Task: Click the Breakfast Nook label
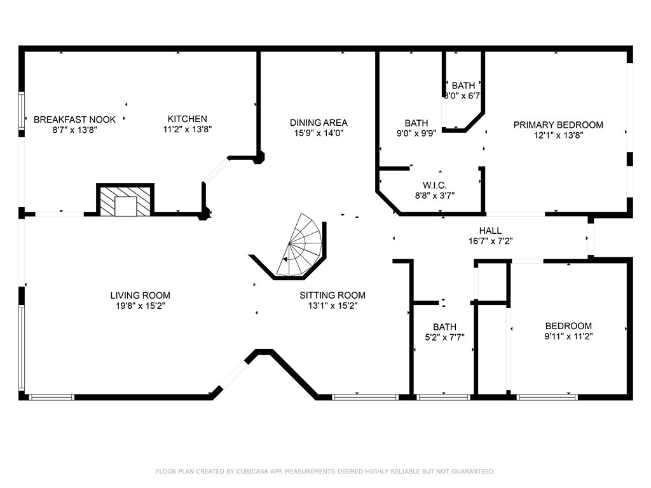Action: (75, 119)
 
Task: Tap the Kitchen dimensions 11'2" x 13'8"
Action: (188, 129)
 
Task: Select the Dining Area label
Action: (319, 123)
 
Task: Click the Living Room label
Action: (140, 295)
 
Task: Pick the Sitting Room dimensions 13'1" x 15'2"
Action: (332, 306)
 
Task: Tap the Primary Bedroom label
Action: (558, 125)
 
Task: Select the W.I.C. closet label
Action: (435, 185)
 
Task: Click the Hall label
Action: (490, 231)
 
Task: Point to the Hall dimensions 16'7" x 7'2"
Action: (491, 241)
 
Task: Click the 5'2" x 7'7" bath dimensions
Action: (444, 337)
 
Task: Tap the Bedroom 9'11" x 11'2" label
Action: (569, 326)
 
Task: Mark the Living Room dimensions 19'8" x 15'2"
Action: (140, 306)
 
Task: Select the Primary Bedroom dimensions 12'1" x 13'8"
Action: (558, 135)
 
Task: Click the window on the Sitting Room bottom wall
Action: (366, 397)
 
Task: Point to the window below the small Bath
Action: (443, 397)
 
